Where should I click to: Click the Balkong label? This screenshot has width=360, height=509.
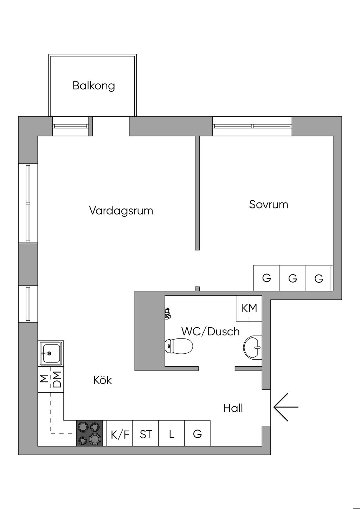click(x=94, y=86)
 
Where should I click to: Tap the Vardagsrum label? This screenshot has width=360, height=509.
click(x=121, y=211)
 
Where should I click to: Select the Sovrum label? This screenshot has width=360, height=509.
click(x=269, y=205)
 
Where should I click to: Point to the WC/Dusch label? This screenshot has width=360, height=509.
click(x=210, y=331)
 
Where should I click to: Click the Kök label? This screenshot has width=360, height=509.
click(x=103, y=380)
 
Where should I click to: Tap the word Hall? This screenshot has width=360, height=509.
click(x=233, y=408)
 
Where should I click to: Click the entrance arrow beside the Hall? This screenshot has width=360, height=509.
click(x=285, y=407)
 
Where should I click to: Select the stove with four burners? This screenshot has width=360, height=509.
click(x=90, y=433)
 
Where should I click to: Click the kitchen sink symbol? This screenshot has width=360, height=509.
click(x=51, y=353)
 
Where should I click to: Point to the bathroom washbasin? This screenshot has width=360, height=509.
click(x=253, y=348)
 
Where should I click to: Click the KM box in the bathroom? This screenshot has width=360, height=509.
click(x=249, y=308)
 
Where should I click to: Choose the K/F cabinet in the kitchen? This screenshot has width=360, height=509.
click(x=120, y=434)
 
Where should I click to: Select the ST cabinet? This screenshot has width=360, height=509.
click(x=146, y=434)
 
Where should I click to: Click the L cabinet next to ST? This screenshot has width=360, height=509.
click(x=172, y=434)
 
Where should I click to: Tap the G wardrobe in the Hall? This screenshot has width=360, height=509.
click(x=198, y=434)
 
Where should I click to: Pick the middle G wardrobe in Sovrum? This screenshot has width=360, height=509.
click(x=292, y=278)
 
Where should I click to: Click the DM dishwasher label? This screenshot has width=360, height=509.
click(x=57, y=379)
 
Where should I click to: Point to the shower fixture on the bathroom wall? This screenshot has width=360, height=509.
click(x=168, y=313)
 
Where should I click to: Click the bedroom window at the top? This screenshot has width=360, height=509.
click(x=252, y=126)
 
